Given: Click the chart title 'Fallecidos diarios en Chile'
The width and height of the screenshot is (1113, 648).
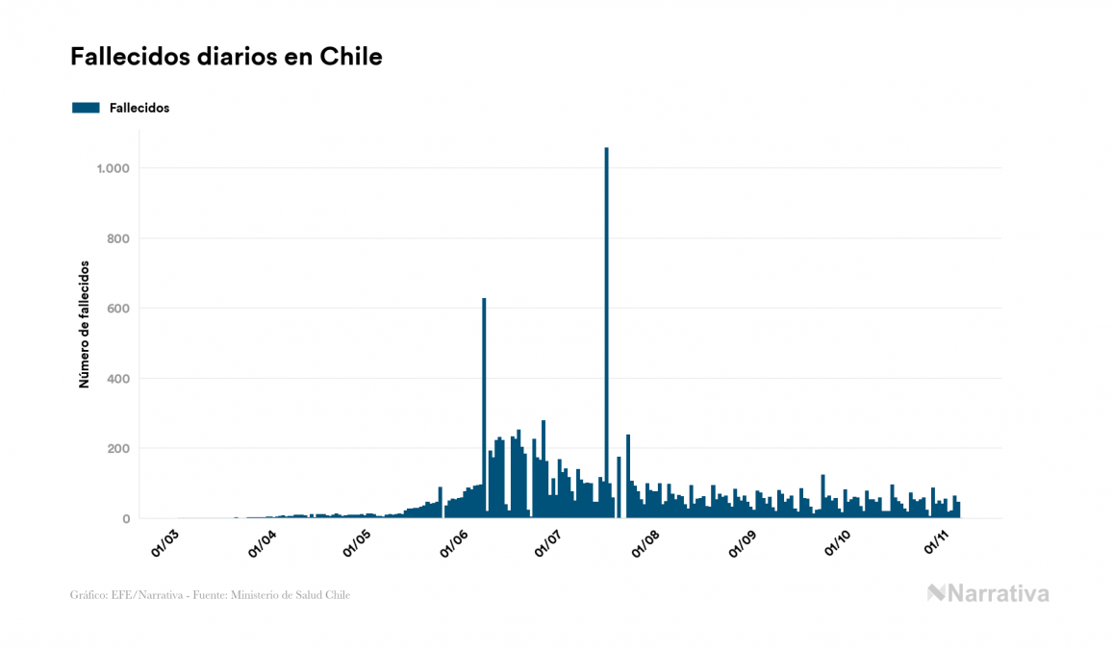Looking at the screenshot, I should point(226,57).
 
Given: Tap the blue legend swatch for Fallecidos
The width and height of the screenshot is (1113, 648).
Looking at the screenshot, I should point(86,108).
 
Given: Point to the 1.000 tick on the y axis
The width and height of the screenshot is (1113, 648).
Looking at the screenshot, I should point(113,168).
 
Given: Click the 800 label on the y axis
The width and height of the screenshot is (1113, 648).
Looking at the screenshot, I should point(117,238).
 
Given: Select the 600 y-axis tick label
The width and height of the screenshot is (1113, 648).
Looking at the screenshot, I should point(117,309).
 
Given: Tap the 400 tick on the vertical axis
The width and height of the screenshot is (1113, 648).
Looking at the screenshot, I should point(117,379).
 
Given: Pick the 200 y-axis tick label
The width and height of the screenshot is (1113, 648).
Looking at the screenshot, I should point(117,449).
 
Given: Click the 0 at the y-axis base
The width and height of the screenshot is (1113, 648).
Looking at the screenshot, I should point(125,519).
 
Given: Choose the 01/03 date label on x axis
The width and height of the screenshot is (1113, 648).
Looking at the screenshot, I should point(165,543).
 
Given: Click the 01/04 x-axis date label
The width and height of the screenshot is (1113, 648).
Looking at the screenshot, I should point(262,543).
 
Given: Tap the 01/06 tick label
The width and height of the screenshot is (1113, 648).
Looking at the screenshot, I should point(453,543).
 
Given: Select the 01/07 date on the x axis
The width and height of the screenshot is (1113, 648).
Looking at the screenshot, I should point(548,543).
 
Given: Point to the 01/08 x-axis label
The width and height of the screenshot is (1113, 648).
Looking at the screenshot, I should point(646,543).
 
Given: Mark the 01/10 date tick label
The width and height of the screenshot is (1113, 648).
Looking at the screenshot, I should point(839,543).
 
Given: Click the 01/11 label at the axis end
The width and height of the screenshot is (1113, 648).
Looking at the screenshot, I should point(937,543).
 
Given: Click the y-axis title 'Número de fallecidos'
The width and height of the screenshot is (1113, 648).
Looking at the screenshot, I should point(84,324).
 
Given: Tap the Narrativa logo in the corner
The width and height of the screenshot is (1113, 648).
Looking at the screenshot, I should point(988,593).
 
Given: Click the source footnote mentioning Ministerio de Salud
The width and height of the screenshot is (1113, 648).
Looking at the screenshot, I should point(211,595).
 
